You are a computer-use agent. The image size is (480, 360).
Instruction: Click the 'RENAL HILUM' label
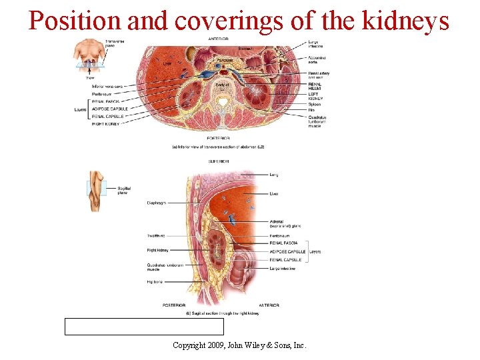(315, 87)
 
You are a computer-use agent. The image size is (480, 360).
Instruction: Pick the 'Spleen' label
(314, 104)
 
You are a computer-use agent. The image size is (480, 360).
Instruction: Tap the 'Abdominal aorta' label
(317, 59)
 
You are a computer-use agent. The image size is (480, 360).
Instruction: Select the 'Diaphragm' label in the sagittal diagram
(159, 203)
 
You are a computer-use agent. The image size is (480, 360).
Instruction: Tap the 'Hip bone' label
(154, 282)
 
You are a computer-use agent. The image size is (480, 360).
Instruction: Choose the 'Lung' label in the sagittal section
(274, 175)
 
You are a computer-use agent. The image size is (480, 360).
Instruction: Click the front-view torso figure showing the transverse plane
(89, 53)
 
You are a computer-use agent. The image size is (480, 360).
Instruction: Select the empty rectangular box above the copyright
(144, 326)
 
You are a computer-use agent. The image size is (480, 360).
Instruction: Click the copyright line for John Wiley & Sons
(239, 345)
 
